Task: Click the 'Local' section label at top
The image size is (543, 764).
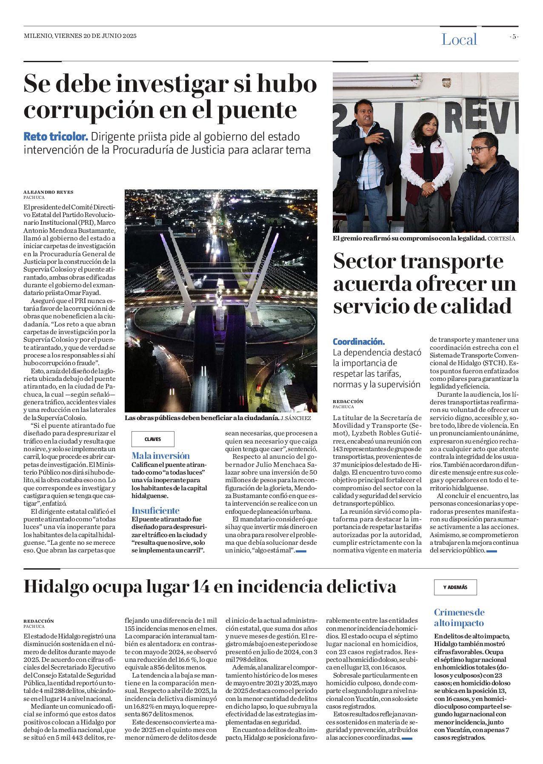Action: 459,40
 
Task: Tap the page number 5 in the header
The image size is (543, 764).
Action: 514,37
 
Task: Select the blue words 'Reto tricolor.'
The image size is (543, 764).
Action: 56,137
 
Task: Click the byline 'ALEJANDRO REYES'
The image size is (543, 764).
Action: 48,192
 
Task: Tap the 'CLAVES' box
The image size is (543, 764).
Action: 153,439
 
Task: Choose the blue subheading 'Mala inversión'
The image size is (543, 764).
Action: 160,455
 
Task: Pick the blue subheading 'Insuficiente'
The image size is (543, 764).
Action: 155,510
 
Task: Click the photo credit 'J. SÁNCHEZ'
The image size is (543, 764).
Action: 296,418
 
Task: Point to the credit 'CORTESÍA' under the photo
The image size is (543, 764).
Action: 501,239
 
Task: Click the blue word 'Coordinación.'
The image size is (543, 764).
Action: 359,341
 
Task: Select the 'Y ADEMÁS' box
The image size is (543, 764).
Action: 455,587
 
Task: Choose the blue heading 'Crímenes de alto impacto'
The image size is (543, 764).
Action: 459,617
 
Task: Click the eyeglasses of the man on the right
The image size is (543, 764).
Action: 480,149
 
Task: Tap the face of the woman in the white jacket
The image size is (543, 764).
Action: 425,126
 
